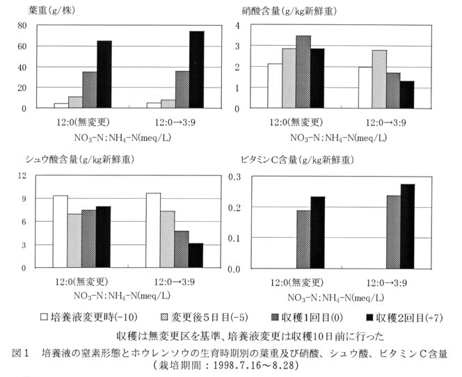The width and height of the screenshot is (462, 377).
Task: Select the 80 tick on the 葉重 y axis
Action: point(22,25)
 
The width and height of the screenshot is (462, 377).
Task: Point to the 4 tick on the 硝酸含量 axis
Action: point(257,25)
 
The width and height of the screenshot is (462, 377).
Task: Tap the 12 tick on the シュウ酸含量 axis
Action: point(22,175)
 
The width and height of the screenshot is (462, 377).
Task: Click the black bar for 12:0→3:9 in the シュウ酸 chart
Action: point(196,255)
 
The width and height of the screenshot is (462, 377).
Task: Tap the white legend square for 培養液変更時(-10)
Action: point(45,316)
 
